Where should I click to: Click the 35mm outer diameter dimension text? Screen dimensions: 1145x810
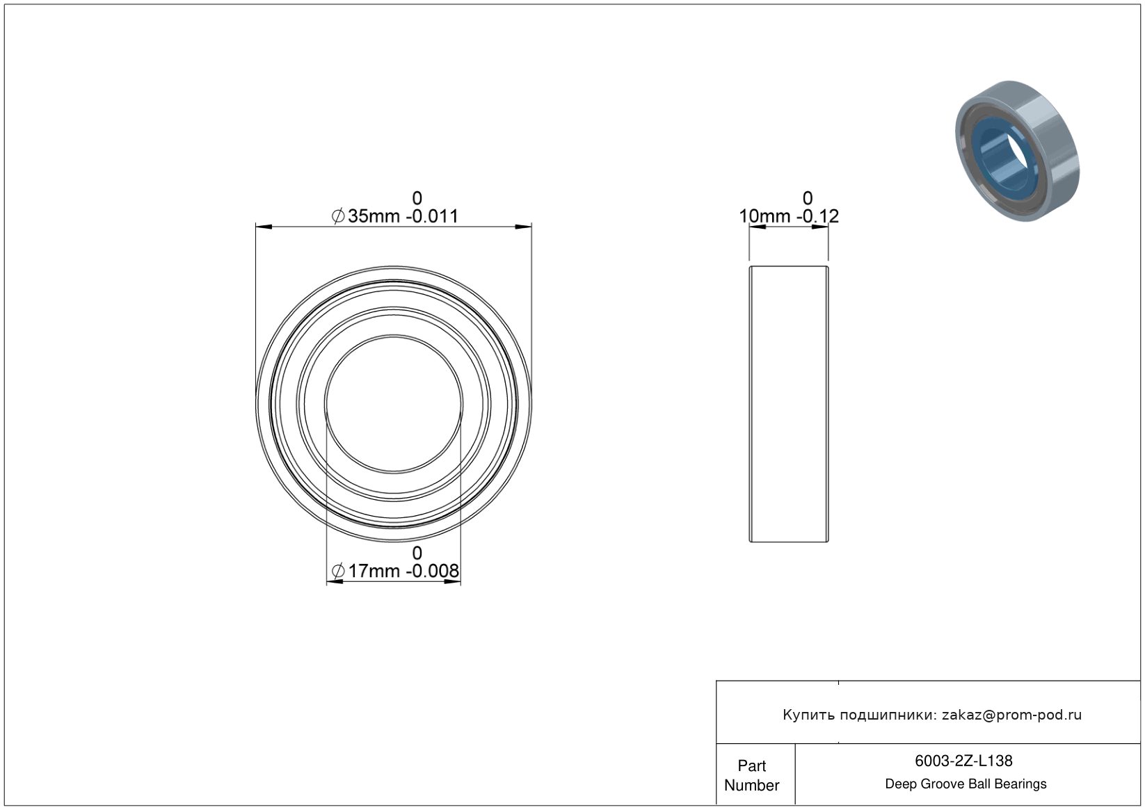coord(374,216)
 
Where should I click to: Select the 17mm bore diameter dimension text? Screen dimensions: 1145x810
coord(374,571)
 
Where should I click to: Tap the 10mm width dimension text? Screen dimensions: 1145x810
coord(764,216)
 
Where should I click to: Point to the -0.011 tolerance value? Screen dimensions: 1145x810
coord(432,216)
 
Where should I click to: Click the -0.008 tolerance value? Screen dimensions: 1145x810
coord(433,571)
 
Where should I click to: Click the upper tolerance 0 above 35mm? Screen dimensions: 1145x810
coord(417,198)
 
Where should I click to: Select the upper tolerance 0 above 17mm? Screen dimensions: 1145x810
coord(417,553)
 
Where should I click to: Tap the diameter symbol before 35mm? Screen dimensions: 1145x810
coord(338,216)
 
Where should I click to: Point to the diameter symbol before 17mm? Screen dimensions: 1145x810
coord(338,571)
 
